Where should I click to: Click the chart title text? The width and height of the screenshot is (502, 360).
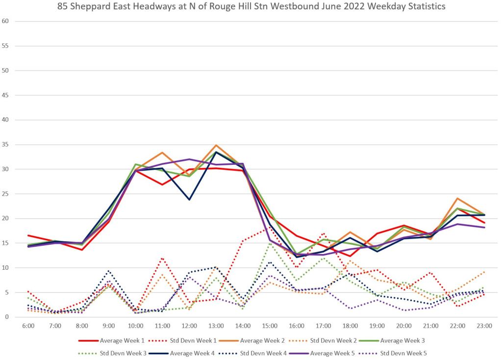coord(251,7)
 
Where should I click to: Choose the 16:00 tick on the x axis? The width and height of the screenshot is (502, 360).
coord(296,325)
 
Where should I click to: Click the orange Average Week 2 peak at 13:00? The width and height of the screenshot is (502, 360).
coord(216,145)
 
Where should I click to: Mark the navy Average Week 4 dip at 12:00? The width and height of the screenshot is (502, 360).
coord(189,200)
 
